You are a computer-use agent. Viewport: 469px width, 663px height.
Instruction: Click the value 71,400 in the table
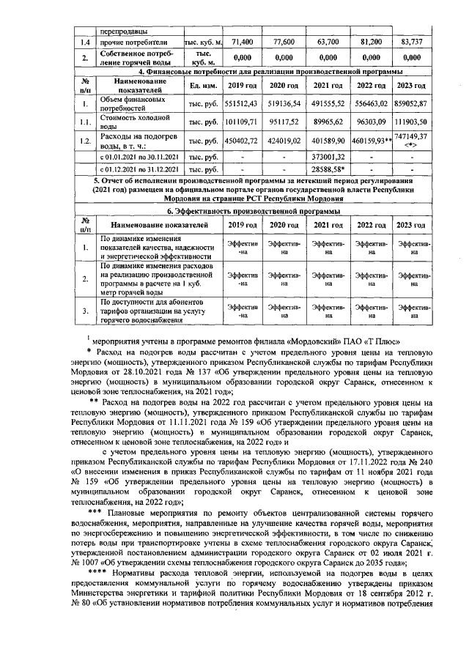(241, 42)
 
